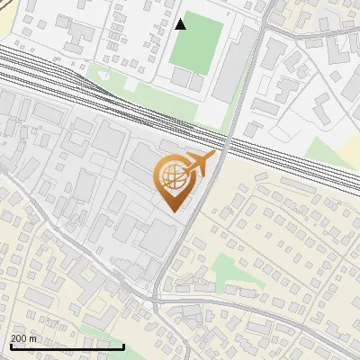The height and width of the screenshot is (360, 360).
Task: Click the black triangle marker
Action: click(181, 23)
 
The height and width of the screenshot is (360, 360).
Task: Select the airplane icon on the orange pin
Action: click(200, 164)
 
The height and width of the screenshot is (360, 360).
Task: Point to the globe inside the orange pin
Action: click(172, 177)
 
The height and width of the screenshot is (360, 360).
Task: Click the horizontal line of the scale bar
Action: click(67, 346)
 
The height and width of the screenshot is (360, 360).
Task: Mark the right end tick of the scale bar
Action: click(124, 345)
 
